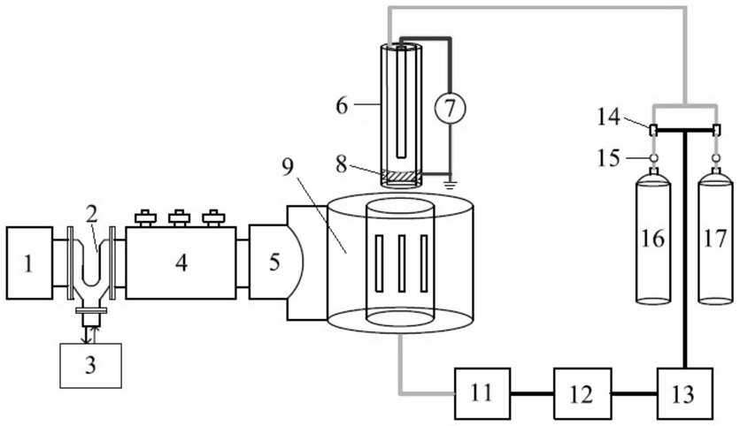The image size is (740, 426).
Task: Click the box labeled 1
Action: tap(29, 262)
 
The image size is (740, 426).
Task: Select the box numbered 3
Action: tap(90, 365)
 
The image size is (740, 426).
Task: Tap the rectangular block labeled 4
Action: tap(181, 262)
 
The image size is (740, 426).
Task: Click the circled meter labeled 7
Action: tap(450, 108)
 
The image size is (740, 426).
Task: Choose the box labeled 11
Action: tap(482, 393)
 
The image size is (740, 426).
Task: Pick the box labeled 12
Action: tap(582, 393)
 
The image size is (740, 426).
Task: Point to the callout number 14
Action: tap(608, 117)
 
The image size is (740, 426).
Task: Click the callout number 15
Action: tap(608, 158)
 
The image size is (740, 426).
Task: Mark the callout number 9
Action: tap(288, 167)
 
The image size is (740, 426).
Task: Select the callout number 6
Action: tap(342, 105)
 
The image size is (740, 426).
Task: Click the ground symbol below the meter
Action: tap(450, 180)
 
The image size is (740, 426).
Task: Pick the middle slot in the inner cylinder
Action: tap(402, 262)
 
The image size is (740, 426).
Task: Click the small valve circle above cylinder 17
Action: tap(716, 158)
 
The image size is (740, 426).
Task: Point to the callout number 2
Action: tap(91, 215)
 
